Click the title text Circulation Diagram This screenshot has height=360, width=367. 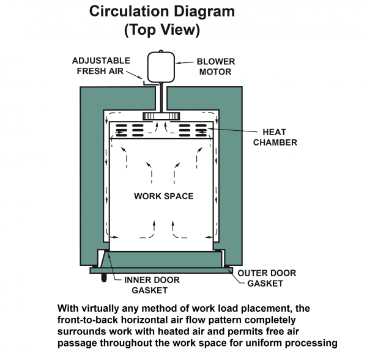point(163,12)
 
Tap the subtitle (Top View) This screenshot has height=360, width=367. point(163,30)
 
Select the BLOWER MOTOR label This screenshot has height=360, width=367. point(215,67)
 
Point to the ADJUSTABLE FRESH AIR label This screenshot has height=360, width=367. point(102,65)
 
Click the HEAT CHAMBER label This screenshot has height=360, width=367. point(280,137)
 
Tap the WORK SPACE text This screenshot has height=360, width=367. point(163,196)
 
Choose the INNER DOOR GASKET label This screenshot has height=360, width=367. point(152,285)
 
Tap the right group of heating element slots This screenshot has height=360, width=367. point(193,130)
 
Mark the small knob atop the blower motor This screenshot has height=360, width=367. point(161,51)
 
